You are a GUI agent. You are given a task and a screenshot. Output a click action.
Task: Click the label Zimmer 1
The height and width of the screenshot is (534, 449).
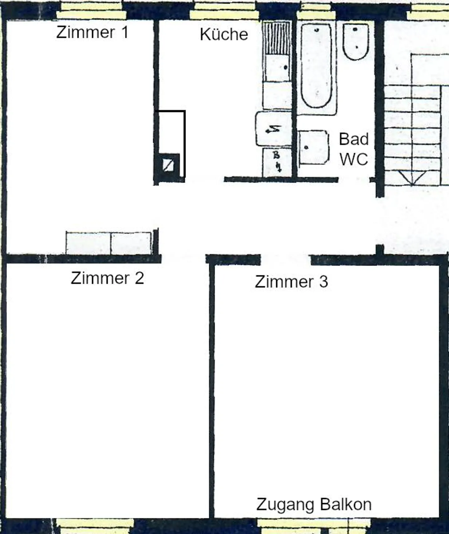(92, 32)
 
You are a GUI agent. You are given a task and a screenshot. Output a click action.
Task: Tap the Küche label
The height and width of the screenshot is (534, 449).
(224, 34)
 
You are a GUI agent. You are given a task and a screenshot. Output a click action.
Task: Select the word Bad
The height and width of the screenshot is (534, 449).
(354, 139)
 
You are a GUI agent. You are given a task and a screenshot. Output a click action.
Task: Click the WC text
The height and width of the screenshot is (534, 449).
(354, 159)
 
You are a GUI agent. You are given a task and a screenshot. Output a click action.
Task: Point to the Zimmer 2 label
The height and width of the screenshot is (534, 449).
(107, 278)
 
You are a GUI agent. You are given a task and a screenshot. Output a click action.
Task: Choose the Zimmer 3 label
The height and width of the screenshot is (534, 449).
(291, 282)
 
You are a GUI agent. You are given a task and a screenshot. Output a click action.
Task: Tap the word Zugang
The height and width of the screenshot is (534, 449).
(285, 505)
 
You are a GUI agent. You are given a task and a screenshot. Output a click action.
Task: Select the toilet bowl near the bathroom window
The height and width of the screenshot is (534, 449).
(356, 42)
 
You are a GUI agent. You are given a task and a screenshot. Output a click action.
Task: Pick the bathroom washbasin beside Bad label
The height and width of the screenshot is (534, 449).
(313, 147)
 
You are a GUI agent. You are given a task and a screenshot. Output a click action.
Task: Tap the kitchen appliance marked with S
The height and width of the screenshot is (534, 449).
(273, 129)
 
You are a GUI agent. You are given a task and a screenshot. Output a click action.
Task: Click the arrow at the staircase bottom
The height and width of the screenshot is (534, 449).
(412, 178)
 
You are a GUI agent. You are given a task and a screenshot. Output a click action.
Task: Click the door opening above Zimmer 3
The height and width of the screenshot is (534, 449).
(285, 259)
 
